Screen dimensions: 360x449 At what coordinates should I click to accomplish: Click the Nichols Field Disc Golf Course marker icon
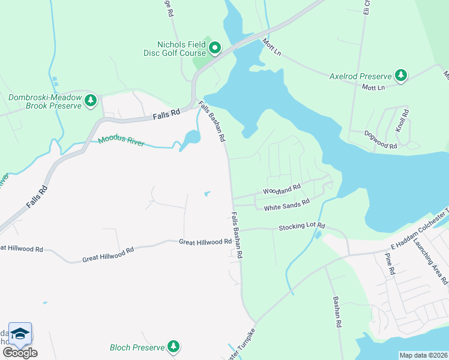[x=215, y=47]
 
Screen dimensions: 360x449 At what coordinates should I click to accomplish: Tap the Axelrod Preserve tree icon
[x=401, y=76]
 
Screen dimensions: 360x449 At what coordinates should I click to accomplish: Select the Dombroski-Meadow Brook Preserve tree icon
[x=91, y=100]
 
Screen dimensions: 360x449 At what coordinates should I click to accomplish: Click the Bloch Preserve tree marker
[x=173, y=346]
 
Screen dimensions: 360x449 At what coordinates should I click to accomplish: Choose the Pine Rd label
[x=391, y=264]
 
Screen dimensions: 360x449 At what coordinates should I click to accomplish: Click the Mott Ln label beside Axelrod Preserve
[x=373, y=88]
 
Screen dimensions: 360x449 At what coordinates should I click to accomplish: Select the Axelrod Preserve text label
[x=360, y=76]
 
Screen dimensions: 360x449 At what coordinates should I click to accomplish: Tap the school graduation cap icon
[x=20, y=334]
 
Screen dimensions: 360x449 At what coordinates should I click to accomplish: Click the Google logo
[x=20, y=352]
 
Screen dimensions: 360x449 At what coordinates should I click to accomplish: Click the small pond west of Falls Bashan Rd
[x=208, y=193]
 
